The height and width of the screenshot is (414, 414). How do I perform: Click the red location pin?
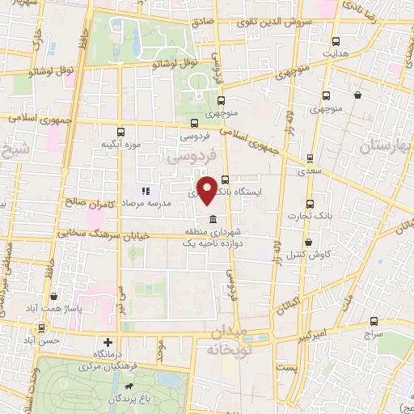click(208, 190)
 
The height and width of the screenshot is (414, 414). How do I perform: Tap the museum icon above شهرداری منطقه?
click(212, 221)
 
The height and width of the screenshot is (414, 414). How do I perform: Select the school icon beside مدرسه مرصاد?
click(146, 192)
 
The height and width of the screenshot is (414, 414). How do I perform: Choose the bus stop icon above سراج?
click(373, 321)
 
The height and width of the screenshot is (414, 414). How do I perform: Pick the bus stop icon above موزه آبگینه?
click(120, 133)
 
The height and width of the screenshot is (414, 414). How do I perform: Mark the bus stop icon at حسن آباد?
click(41, 327)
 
